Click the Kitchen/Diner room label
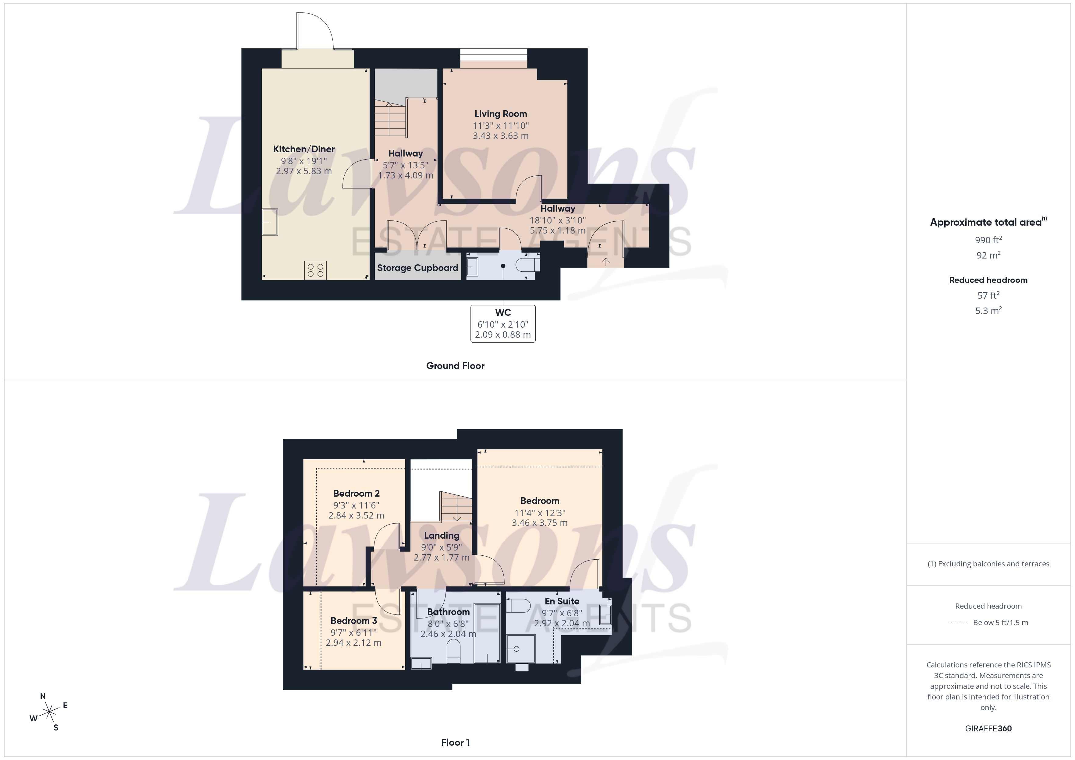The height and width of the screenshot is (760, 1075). click(304, 149)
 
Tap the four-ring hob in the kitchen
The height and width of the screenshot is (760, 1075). click(315, 270)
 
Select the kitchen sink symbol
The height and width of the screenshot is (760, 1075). click(270, 222)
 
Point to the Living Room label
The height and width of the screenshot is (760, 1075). click(501, 114)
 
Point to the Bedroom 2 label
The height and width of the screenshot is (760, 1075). click(356, 493)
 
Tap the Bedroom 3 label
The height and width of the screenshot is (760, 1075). click(353, 621)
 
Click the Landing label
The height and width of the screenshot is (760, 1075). click(442, 535)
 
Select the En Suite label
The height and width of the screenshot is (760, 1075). click(562, 601)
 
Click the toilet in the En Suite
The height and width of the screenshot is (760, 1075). click(519, 606)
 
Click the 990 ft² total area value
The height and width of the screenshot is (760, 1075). click(988, 240)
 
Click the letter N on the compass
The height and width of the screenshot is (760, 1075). click(43, 696)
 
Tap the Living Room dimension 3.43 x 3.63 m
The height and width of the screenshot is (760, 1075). click(501, 136)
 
